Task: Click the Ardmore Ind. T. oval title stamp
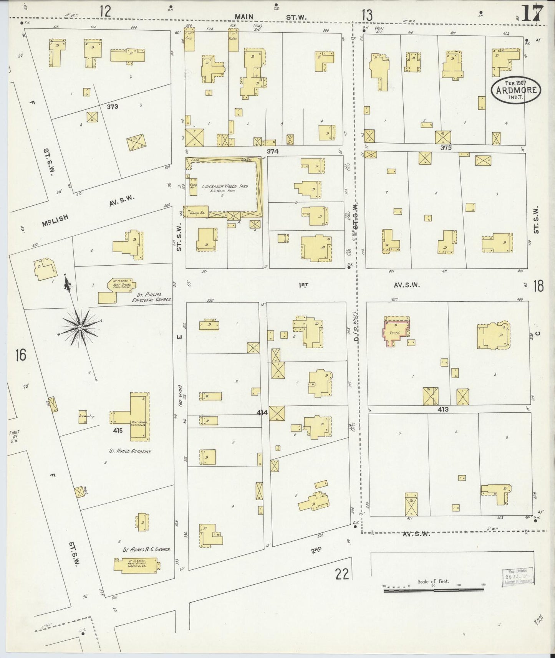[x=516, y=90]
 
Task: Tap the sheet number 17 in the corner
[x=532, y=15]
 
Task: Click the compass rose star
[x=80, y=327]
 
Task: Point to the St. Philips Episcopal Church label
[x=151, y=297]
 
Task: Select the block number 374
[x=272, y=151]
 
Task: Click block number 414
[x=262, y=413]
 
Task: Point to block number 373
[x=113, y=106]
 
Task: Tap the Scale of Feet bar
[x=433, y=590]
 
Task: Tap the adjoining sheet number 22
[x=341, y=575]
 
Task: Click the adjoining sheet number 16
[x=20, y=355]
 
